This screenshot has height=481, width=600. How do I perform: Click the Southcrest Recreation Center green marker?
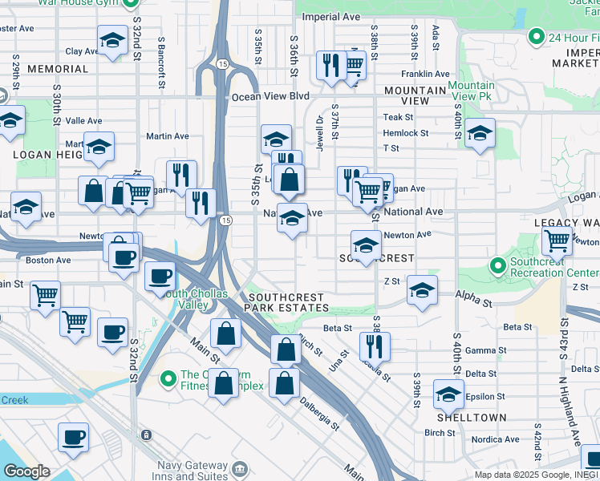[x=497, y=265]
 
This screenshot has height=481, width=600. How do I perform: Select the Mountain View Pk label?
[x=471, y=91]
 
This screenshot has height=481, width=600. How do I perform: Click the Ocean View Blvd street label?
[x=270, y=96]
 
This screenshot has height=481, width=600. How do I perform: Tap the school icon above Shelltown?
[x=448, y=394]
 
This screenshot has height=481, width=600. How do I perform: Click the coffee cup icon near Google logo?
[x=73, y=437]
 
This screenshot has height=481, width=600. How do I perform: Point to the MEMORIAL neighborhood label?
[x=58, y=70]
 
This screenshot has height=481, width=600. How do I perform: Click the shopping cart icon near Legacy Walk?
[x=557, y=240]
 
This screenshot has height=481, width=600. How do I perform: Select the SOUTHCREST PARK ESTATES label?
[x=287, y=302]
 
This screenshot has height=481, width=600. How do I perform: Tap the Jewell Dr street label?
[x=319, y=131]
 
